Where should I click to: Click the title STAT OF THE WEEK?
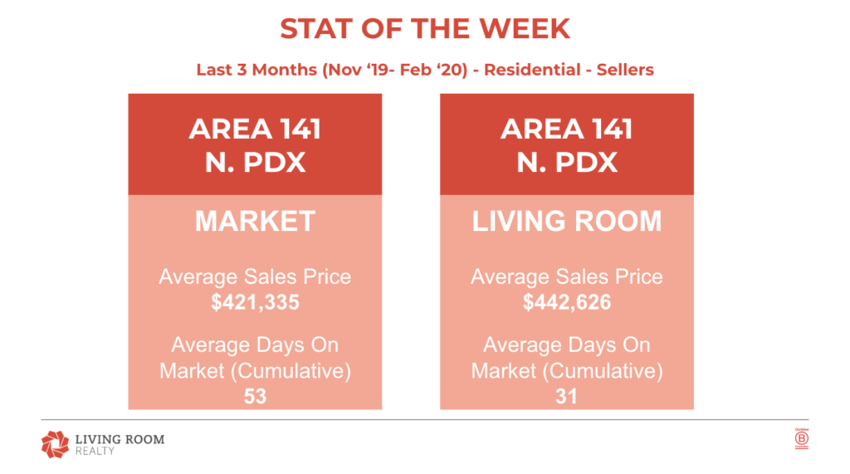pyautogui.click(x=425, y=29)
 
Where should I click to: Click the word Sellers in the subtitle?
pyautogui.click(x=623, y=70)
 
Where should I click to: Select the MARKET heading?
pyautogui.click(x=255, y=221)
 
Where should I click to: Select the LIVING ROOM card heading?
pyautogui.click(x=567, y=221)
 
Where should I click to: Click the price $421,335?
pyautogui.click(x=255, y=303)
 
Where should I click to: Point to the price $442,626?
pyautogui.click(x=567, y=303)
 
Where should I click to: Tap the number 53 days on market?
pyautogui.click(x=255, y=397)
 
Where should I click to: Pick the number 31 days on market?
pyautogui.click(x=567, y=397)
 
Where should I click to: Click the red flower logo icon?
pyautogui.click(x=55, y=443)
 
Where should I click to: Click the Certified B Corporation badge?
pyautogui.click(x=801, y=440)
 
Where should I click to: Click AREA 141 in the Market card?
pyautogui.click(x=255, y=129)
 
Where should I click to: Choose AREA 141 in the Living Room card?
pyautogui.click(x=567, y=129)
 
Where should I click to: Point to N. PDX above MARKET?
pyautogui.click(x=255, y=161)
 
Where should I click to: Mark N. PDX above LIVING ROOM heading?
pyautogui.click(x=567, y=161)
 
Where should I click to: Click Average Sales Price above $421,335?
pyautogui.click(x=255, y=276)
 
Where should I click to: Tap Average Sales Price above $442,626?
pyautogui.click(x=567, y=276)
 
